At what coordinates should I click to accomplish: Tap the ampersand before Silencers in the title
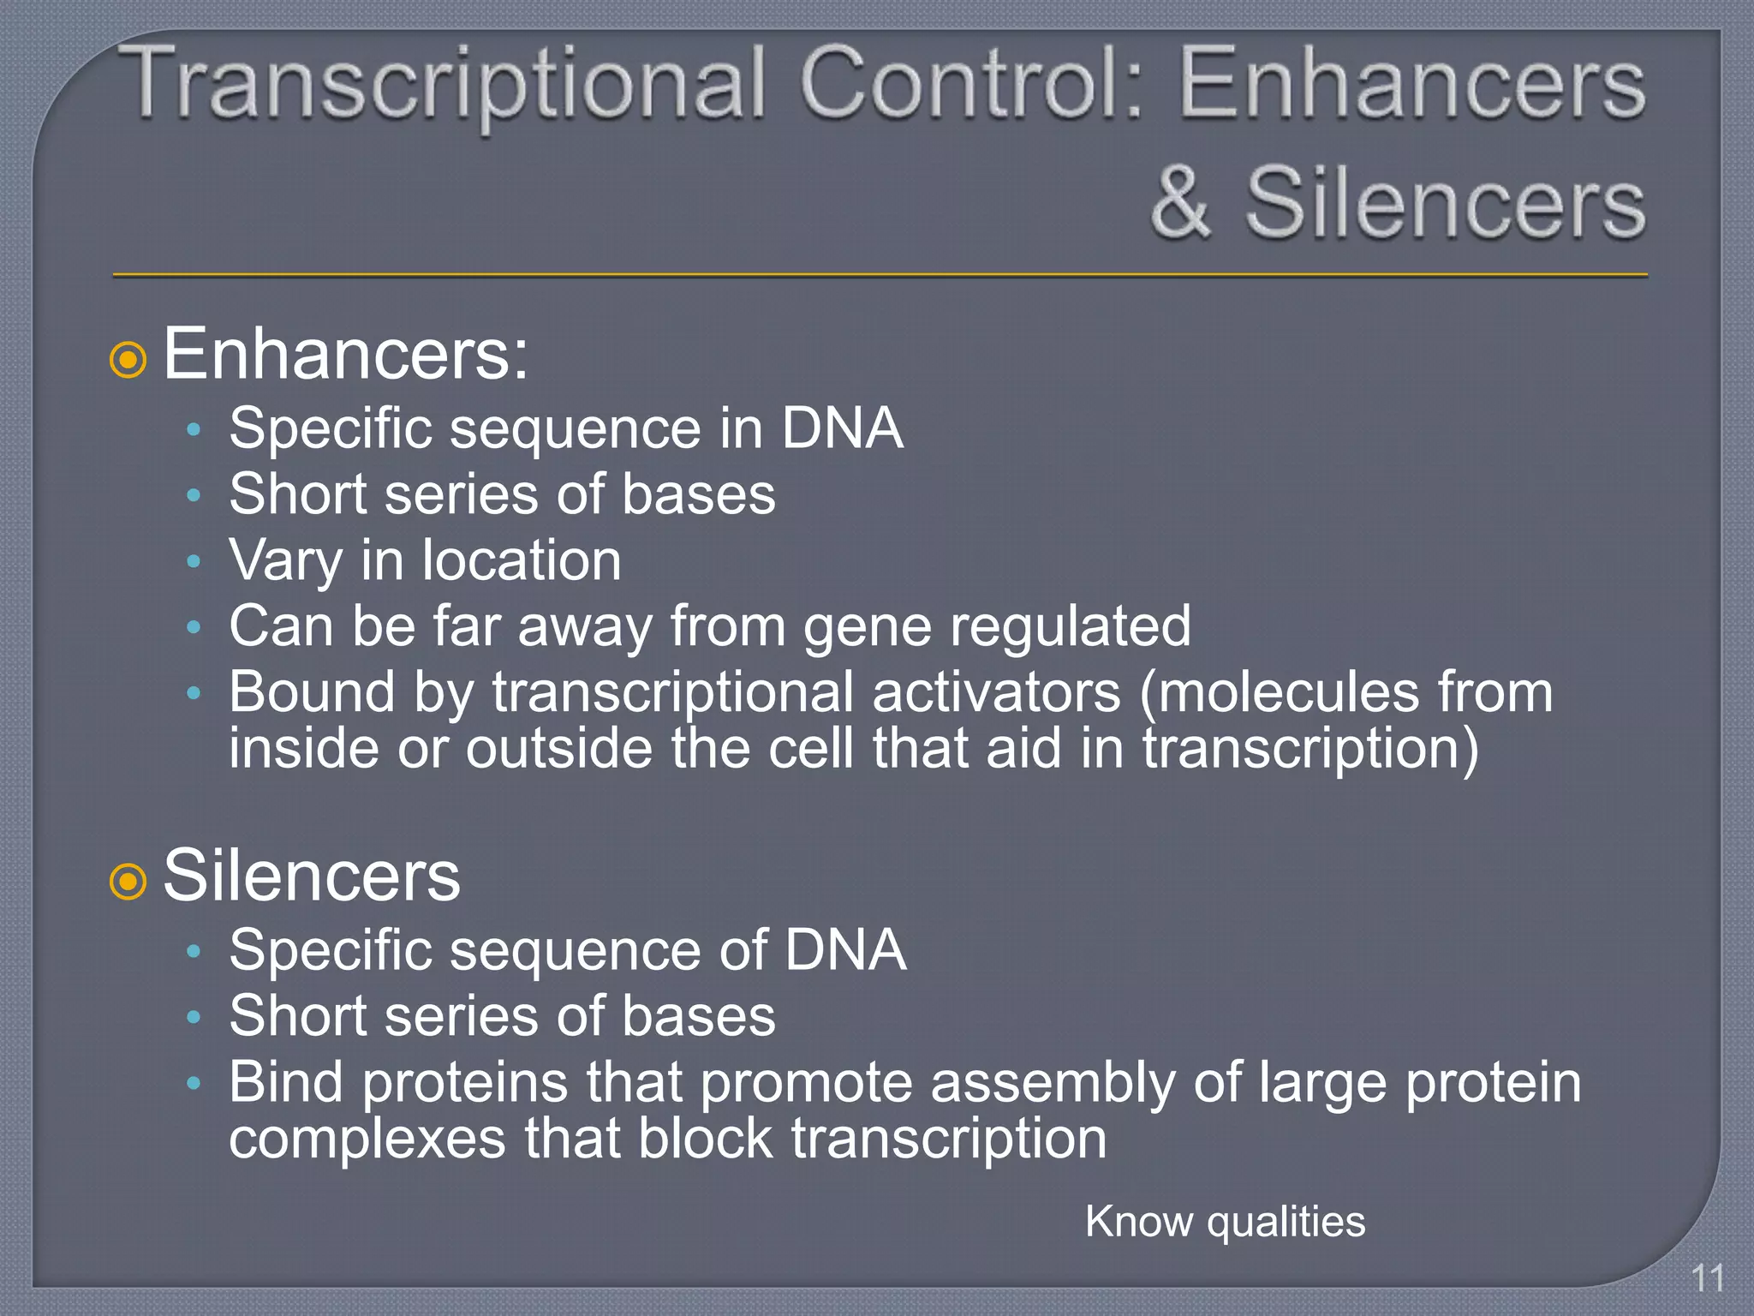pyautogui.click(x=1181, y=203)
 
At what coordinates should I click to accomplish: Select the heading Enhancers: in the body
pyautogui.click(x=345, y=354)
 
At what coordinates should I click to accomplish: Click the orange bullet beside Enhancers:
pyautogui.click(x=128, y=360)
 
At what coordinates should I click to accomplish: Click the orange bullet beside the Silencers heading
pyautogui.click(x=128, y=881)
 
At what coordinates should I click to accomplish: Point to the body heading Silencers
pyautogui.click(x=312, y=876)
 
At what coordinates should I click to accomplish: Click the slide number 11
pyautogui.click(x=1707, y=1279)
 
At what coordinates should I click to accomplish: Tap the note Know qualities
pyautogui.click(x=1225, y=1221)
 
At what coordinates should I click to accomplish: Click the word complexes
pyautogui.click(x=367, y=1140)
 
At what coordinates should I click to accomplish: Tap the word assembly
pyautogui.click(x=1053, y=1083)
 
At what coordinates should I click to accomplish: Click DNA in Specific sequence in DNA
pyautogui.click(x=842, y=428)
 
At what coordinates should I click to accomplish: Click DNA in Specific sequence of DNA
pyautogui.click(x=845, y=950)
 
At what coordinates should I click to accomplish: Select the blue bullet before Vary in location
pyautogui.click(x=194, y=562)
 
